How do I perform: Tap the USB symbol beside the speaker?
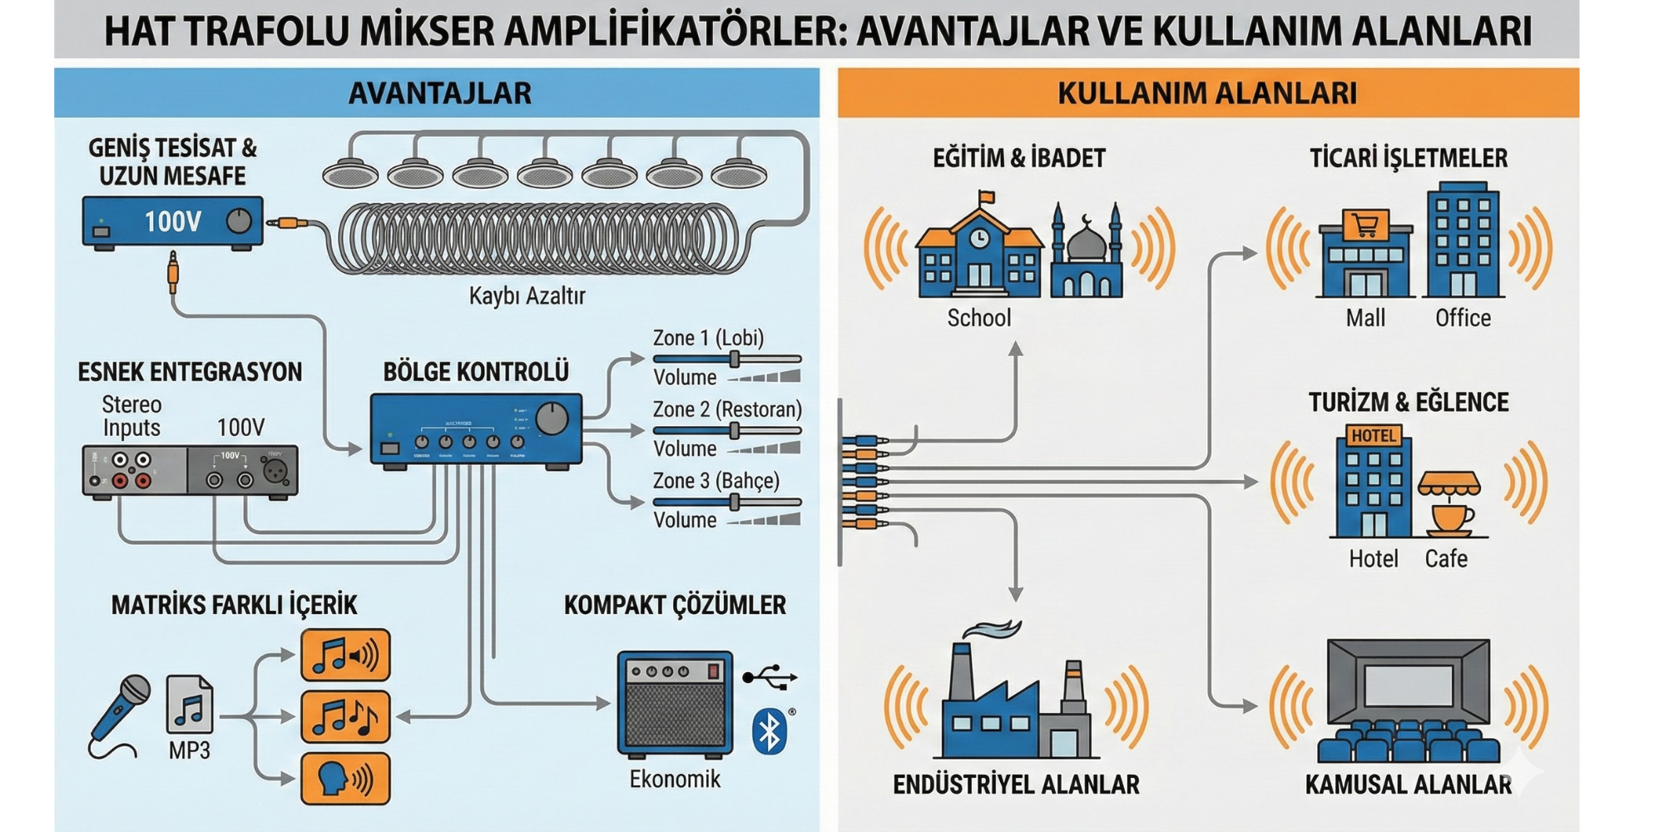coord(770,677)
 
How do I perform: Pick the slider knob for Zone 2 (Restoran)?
coord(735,431)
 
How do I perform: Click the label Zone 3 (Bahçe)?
coord(716,481)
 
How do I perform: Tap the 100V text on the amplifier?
coord(172,221)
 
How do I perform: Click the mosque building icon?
coord(1086,254)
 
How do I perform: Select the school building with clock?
coord(979,250)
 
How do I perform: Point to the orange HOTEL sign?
coord(1374,436)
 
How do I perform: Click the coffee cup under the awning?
coord(1451,518)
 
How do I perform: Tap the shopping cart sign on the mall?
coord(1365,225)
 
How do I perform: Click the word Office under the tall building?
coord(1463,318)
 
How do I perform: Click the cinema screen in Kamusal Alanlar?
coord(1408,686)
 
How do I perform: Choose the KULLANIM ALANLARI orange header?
coord(1207,92)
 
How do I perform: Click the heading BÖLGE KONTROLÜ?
coord(476,372)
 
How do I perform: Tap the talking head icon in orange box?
coord(344,778)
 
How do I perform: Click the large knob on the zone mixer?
coord(552,418)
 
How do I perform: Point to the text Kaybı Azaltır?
coord(527,295)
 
